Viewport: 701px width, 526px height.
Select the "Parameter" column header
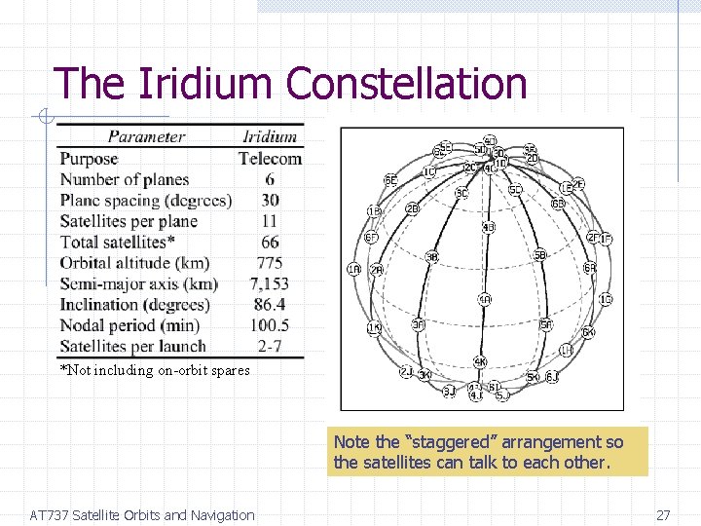[146, 136]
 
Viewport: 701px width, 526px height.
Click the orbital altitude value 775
[270, 262]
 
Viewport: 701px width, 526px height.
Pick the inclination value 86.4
[270, 304]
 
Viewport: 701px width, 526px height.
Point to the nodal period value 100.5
[270, 324]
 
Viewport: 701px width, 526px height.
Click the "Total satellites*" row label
[118, 242]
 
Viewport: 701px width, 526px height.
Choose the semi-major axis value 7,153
[270, 283]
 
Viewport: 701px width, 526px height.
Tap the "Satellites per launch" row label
[133, 346]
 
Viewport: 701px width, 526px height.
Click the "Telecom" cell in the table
[270, 158]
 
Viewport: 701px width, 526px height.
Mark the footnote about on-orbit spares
[155, 370]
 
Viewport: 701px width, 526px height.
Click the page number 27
[663, 515]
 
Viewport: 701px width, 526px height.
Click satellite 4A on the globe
[484, 299]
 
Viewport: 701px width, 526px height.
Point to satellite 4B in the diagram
[489, 227]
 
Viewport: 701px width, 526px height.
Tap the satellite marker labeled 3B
[431, 256]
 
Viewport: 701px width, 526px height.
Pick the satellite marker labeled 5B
[539, 255]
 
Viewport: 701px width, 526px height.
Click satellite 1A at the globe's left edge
[353, 269]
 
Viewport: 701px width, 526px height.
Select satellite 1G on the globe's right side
[606, 299]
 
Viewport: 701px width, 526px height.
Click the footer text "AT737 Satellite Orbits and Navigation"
[142, 515]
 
